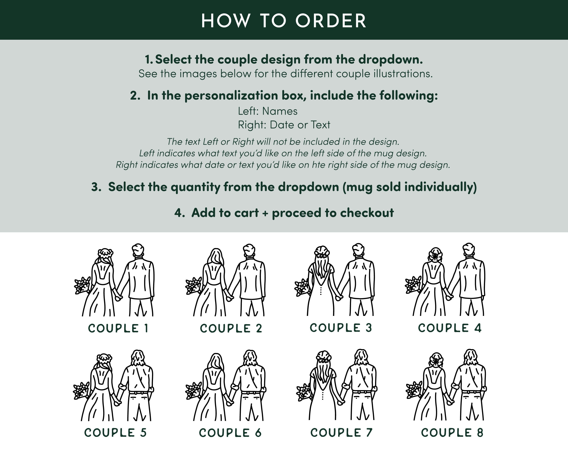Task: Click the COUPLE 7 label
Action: click(x=341, y=433)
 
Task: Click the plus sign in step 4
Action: click(x=265, y=213)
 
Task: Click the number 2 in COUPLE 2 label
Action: click(x=259, y=328)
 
